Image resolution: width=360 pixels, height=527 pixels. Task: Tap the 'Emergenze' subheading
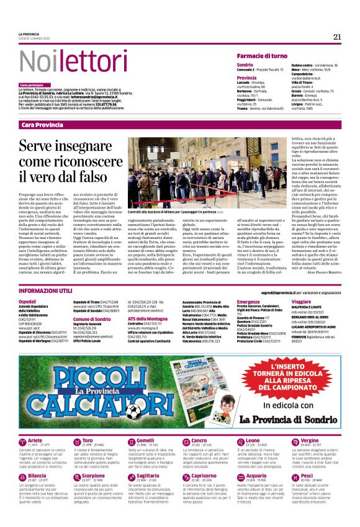coord(248,301)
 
